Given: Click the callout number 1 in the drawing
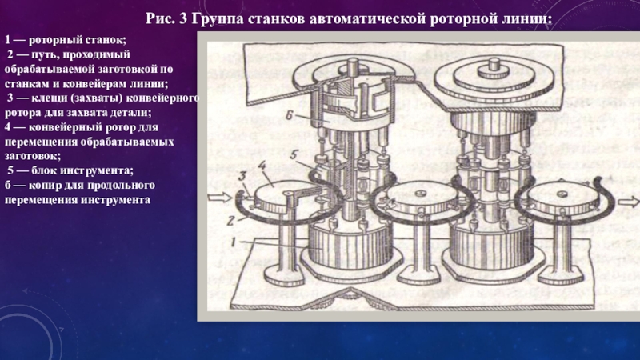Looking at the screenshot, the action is point(233,242).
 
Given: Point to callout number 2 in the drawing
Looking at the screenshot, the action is point(230,221).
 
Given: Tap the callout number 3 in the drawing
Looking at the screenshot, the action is point(242,176).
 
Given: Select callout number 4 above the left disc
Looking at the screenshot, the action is point(262,166).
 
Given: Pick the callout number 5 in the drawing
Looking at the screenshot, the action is point(294,155).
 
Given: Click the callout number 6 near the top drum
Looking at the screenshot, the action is point(289,115).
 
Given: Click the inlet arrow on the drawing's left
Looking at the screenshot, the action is point(219,198).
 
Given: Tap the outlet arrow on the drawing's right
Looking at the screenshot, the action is point(629,202).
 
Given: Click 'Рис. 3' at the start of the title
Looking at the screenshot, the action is point(166,18).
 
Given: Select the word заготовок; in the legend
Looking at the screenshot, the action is point(33,156).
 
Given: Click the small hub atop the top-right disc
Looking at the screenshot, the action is point(494,68).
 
